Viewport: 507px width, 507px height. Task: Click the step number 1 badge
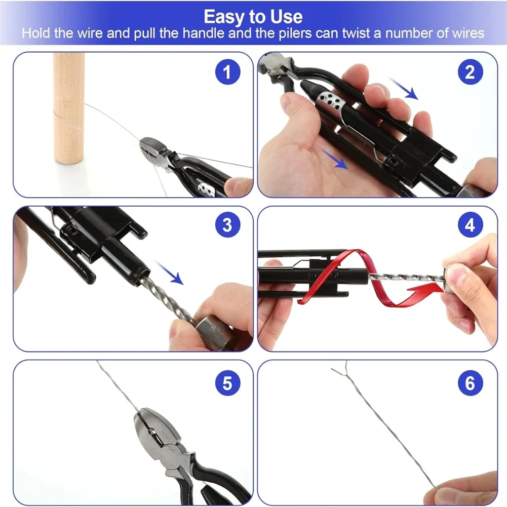pos(227,72)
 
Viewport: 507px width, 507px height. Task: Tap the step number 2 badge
pos(470,72)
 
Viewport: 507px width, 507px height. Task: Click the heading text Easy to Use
pos(253,17)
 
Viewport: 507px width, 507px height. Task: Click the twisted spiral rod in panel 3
pos(165,299)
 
